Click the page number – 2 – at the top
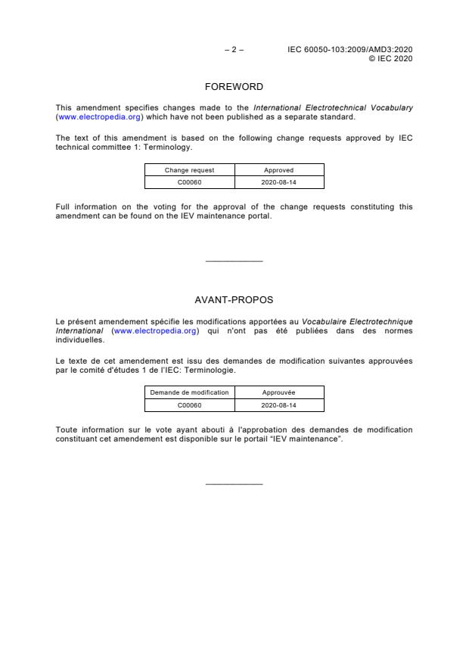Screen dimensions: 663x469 234,50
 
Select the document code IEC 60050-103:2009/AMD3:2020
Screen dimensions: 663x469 350,50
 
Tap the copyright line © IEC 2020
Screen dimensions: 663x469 390,58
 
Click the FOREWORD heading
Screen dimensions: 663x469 234,87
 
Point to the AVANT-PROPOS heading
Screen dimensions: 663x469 234,300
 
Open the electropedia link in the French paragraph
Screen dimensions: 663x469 156,331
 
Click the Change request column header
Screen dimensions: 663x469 189,170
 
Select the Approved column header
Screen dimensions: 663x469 278,170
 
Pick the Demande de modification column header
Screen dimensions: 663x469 189,392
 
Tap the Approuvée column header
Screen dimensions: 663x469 278,392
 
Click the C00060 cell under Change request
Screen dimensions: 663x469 189,182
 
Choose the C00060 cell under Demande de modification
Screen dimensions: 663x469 189,404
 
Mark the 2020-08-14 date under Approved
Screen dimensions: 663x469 278,182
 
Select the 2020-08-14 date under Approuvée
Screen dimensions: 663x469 278,404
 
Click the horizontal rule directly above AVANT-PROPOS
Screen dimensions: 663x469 234,262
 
